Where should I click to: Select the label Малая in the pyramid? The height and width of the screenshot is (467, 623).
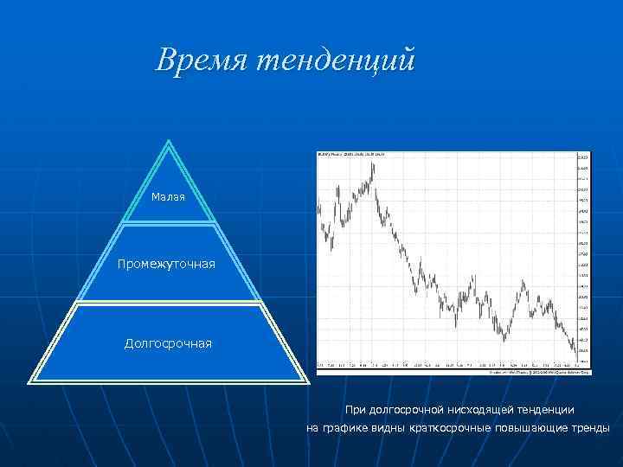pyautogui.click(x=168, y=198)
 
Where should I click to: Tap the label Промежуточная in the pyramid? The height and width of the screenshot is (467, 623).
pyautogui.click(x=167, y=263)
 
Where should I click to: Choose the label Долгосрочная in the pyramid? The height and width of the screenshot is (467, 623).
pyautogui.click(x=168, y=344)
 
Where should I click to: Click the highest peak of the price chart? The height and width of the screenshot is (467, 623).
pyautogui.click(x=372, y=163)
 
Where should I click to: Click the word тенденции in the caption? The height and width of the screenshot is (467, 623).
pyautogui.click(x=546, y=409)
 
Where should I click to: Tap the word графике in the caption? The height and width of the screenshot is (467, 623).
pyautogui.click(x=345, y=428)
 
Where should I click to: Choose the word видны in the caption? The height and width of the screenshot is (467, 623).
pyautogui.click(x=390, y=428)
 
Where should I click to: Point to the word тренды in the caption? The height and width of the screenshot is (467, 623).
pyautogui.click(x=590, y=428)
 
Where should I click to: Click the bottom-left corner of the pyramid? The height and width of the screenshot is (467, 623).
pyautogui.click(x=32, y=381)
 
